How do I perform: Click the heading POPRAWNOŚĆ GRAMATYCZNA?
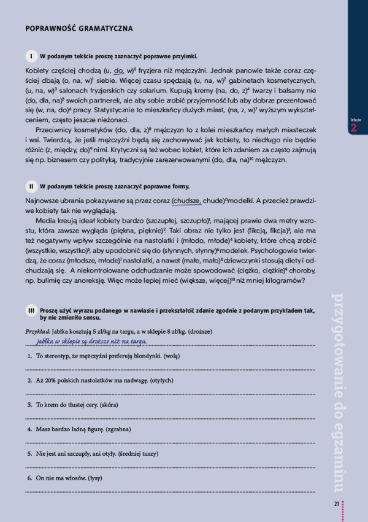coord(79,28)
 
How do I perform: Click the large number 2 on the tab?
coord(353,128)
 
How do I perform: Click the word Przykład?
coord(37,330)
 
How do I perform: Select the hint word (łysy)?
coord(96,478)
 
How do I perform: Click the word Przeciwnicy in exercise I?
coord(56,131)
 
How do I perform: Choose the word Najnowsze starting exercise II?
coord(45,200)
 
